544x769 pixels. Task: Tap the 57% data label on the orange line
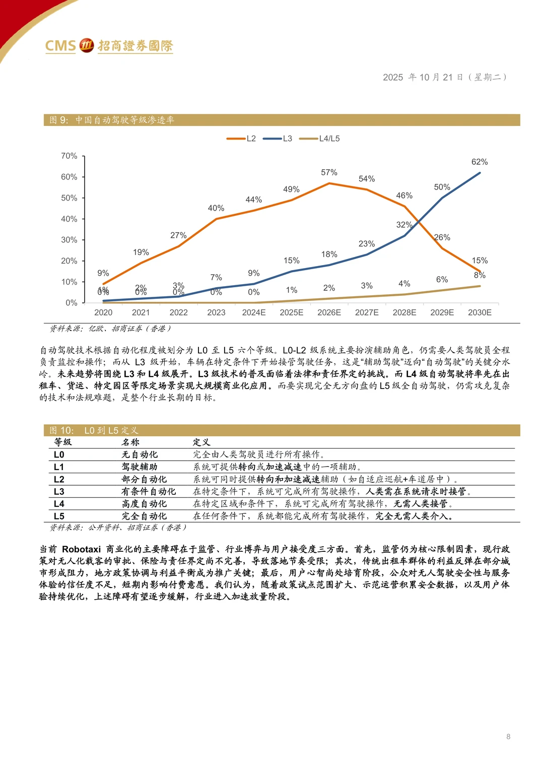tap(329, 172)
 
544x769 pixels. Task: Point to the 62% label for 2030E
tap(480, 162)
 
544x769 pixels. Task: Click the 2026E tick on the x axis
tap(329, 312)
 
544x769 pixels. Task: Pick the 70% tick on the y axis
tap(69, 156)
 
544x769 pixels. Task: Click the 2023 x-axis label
tap(216, 312)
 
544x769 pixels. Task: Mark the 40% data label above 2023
tap(216, 208)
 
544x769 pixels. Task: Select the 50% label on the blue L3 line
tap(442, 187)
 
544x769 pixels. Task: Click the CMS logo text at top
tap(60, 46)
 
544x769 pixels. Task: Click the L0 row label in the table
tap(59, 455)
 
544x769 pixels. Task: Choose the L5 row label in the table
tap(59, 516)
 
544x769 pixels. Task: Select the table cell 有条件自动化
tap(149, 491)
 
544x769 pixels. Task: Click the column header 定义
tap(201, 442)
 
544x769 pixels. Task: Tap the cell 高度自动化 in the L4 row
tap(144, 503)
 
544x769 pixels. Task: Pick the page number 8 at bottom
tap(508, 737)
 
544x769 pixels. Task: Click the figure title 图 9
tap(59, 120)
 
